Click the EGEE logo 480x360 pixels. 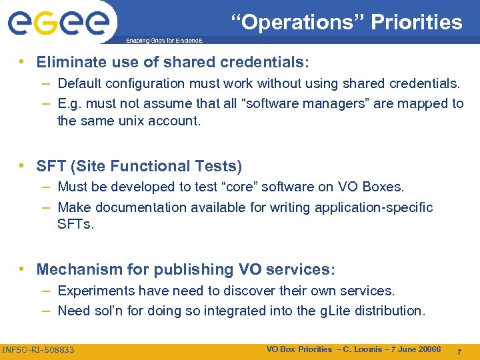[58, 23]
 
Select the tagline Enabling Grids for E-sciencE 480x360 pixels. [165, 41]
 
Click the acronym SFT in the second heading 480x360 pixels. [51, 166]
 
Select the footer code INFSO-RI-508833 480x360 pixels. [39, 349]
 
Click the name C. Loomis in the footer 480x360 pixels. [365, 349]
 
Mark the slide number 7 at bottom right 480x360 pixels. [458, 350]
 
